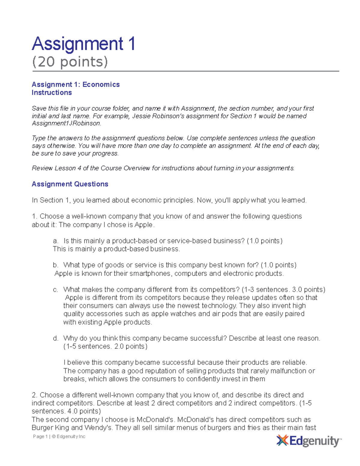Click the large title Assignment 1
coord(83,44)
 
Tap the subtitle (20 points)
coord(70,62)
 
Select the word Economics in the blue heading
coord(101,85)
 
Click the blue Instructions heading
coord(52,93)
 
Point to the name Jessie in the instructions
coord(141,116)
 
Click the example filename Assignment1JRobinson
coord(66,123)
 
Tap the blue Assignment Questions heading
coord(70,184)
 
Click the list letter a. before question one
coord(55,241)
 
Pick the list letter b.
coord(55,265)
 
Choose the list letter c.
coord(55,290)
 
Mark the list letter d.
coord(55,338)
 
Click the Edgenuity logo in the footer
coord(308,441)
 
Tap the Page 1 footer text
coord(40,437)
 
